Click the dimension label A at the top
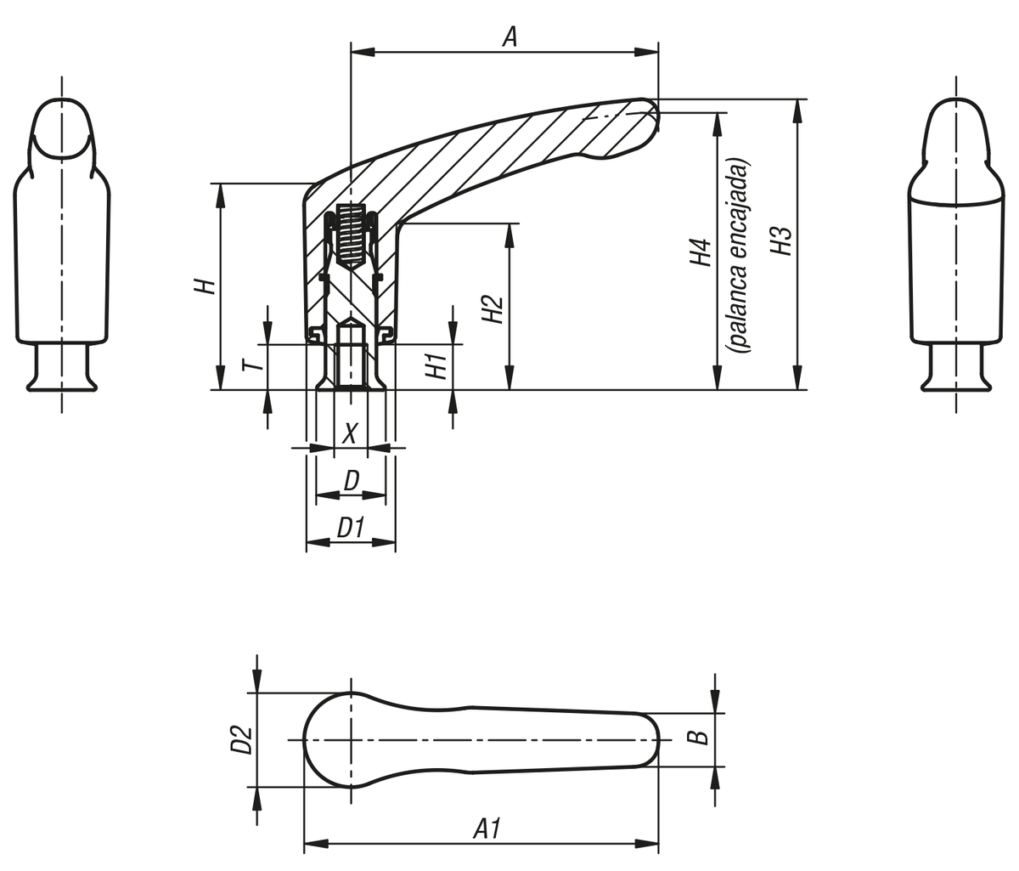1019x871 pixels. click(x=509, y=37)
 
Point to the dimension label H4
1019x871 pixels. click(x=700, y=253)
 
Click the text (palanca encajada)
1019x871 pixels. click(x=738, y=255)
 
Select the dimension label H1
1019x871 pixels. click(x=436, y=366)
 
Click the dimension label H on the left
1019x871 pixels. click(x=204, y=286)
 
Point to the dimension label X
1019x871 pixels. click(x=349, y=433)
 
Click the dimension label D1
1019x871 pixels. click(x=350, y=528)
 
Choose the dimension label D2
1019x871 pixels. click(x=241, y=739)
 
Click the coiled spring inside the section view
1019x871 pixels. click(x=351, y=235)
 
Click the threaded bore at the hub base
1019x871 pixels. click(x=350, y=357)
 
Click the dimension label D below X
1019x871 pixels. click(x=351, y=481)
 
